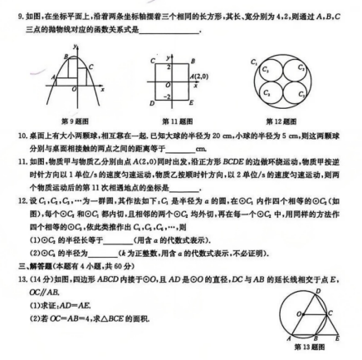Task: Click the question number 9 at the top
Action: point(7,7)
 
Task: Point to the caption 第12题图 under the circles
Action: point(298,118)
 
